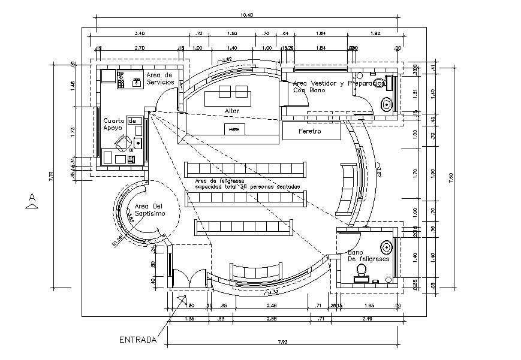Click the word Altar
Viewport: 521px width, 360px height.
pos(232,111)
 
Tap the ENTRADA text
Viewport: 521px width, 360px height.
pos(138,340)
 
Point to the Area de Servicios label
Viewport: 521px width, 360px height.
pos(159,78)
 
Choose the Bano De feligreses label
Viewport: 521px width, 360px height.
pos(368,256)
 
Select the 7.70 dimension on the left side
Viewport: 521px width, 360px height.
pos(52,175)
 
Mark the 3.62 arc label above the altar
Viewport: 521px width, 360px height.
pos(227,60)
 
